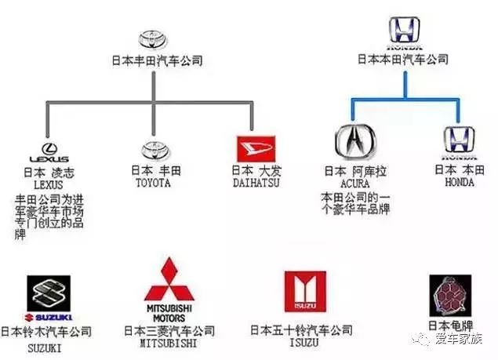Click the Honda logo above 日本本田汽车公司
pyautogui.click(x=404, y=32)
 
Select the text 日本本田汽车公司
pyautogui.click(x=403, y=59)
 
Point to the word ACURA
pyautogui.click(x=354, y=182)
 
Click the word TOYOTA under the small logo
pyautogui.click(x=151, y=182)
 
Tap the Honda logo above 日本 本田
pyautogui.click(x=456, y=140)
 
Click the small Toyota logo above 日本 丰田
pyautogui.click(x=151, y=150)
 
